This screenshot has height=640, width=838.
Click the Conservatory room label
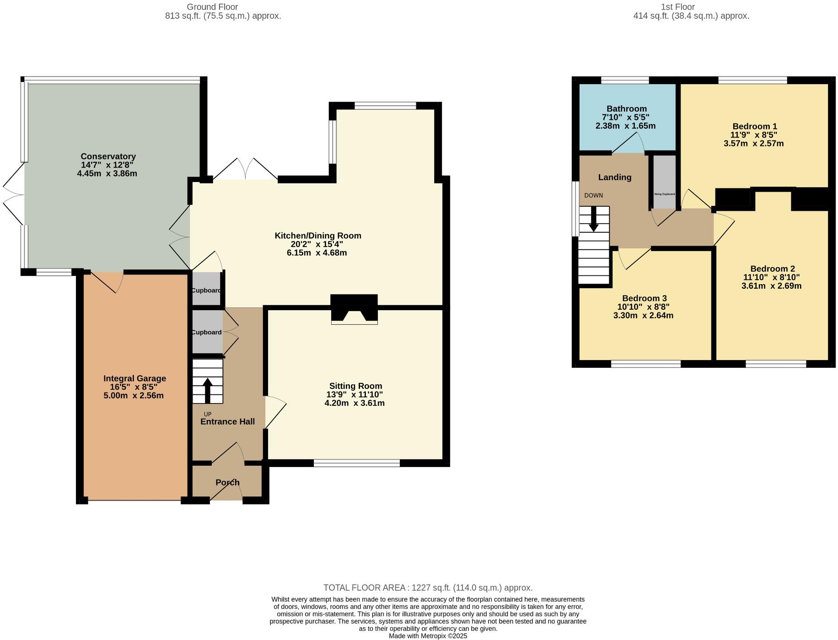tap(108, 156)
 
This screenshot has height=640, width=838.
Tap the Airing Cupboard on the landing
tap(664, 182)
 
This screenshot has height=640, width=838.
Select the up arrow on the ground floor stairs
tap(207, 390)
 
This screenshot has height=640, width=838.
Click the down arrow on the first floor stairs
tap(593, 219)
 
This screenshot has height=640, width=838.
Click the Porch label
tap(227, 482)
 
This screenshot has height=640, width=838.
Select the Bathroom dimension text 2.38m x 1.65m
tap(625, 126)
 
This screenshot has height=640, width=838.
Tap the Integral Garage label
tap(134, 378)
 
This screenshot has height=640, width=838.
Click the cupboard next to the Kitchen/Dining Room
tap(206, 290)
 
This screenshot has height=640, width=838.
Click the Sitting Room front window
tap(356, 463)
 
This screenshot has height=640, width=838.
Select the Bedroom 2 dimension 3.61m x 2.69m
tap(771, 286)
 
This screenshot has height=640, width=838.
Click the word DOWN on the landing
tap(593, 195)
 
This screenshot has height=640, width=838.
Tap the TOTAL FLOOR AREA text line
tap(428, 587)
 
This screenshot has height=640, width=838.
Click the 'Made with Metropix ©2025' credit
tap(428, 636)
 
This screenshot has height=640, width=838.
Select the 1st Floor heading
tap(677, 7)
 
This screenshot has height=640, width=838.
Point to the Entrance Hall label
tap(227, 421)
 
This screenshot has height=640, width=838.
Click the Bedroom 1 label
tap(754, 126)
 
